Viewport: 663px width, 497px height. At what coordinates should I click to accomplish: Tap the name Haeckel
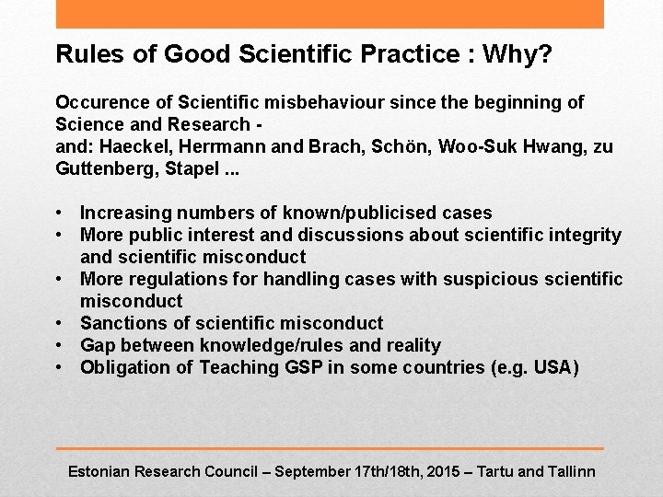(x=130, y=146)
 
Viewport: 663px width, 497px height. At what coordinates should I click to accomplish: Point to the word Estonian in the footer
(x=99, y=471)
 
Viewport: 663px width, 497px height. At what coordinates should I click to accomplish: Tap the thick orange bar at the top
(x=330, y=14)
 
